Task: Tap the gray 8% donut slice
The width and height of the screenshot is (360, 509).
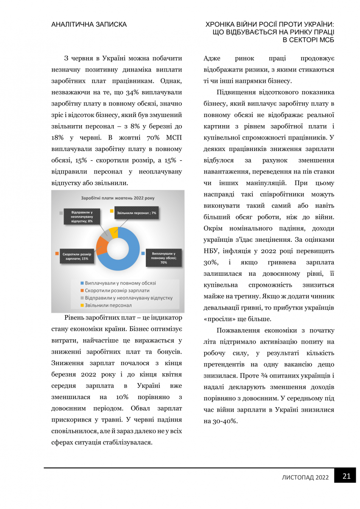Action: (x=108, y=235)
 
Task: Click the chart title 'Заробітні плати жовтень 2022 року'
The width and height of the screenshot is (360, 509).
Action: (x=118, y=198)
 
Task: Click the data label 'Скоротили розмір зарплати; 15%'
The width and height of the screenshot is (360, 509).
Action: (x=76, y=256)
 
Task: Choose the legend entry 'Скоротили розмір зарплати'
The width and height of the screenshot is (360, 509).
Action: (x=117, y=290)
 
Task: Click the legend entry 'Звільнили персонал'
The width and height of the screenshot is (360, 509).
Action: (x=109, y=305)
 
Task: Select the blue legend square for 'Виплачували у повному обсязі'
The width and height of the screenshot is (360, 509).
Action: (x=81, y=283)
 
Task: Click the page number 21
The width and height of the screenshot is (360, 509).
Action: (x=346, y=476)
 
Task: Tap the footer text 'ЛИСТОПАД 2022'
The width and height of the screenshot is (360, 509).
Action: (x=305, y=477)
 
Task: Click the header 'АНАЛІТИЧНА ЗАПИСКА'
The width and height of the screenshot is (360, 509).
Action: (x=89, y=25)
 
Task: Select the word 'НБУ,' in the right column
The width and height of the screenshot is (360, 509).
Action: (x=212, y=249)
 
